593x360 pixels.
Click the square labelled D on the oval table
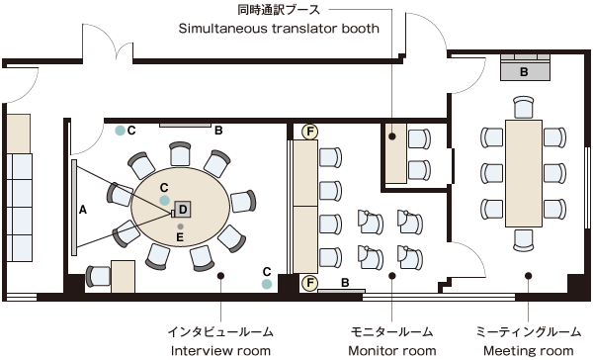183,209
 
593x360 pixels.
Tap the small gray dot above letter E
181,226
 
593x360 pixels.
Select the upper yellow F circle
309,132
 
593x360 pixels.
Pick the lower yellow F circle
309,283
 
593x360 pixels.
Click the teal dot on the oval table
164,200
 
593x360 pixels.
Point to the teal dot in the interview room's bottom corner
267,284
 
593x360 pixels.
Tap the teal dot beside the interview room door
121,131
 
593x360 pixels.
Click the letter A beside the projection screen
83,210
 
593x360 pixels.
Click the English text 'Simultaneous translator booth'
279,29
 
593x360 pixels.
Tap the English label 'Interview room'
220,350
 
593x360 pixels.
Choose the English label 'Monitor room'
391,350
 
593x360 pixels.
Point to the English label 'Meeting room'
529,350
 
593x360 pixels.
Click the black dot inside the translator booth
392,136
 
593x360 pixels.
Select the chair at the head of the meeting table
524,107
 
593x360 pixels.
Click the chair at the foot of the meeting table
524,240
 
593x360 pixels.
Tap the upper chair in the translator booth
419,138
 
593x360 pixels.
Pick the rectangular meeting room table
524,173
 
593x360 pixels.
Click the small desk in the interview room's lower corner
123,276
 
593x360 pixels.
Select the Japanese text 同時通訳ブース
279,10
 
